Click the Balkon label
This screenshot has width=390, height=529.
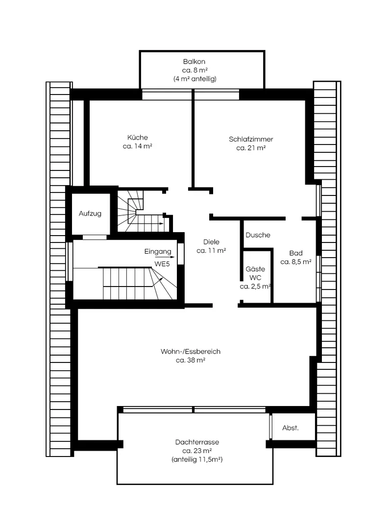(x=194, y=62)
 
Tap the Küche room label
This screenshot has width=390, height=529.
(x=137, y=137)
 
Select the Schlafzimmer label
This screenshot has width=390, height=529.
(x=251, y=139)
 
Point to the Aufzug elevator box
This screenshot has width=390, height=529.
(x=91, y=213)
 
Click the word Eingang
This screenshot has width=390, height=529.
(x=158, y=252)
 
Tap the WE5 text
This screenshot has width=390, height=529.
(x=162, y=264)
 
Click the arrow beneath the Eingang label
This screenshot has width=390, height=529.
(x=168, y=257)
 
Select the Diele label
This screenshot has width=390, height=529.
(x=211, y=242)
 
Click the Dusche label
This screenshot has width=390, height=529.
(x=258, y=235)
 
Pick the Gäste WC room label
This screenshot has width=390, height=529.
(x=255, y=273)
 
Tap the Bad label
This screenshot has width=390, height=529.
(x=296, y=253)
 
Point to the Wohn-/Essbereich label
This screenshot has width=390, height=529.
(x=191, y=351)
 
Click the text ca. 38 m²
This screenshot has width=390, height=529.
(x=191, y=360)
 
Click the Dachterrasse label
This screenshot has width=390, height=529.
(x=197, y=442)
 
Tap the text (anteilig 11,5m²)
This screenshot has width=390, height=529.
(x=197, y=459)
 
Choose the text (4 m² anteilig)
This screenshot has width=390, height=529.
(x=195, y=79)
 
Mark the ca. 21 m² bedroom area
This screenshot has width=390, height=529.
(x=251, y=148)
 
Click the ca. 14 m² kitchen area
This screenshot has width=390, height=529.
(x=137, y=146)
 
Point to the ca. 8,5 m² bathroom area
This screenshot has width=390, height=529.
(x=296, y=262)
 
